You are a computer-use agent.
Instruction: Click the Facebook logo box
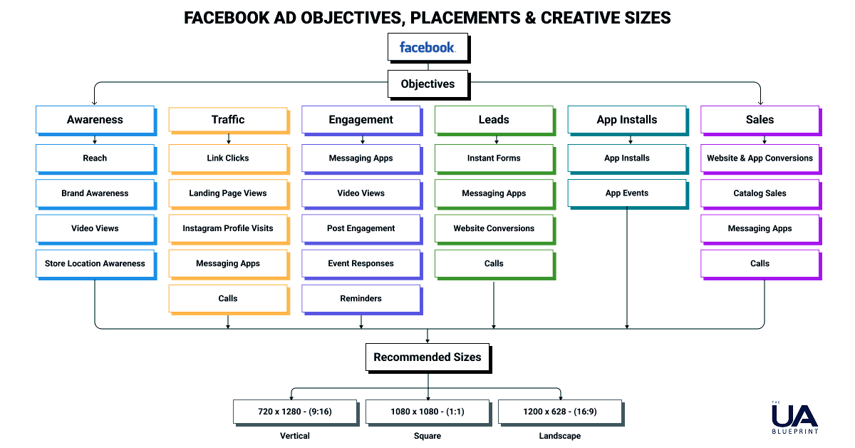427,48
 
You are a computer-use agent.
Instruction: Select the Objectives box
427,83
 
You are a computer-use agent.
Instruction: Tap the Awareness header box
95,120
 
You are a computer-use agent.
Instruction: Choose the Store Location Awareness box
95,263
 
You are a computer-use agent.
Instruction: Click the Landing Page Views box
228,193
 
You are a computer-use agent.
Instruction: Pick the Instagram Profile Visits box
228,228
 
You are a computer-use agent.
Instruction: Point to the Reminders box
361,298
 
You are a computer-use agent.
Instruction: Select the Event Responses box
361,263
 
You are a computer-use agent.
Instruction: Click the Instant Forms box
494,158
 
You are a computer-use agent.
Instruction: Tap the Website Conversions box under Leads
494,228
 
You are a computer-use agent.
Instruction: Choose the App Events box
627,193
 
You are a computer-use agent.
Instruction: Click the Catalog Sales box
760,193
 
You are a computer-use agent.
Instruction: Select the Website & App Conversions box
760,158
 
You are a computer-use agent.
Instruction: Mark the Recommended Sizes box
427,357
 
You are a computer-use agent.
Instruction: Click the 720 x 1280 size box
295,412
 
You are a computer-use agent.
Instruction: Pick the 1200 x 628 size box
559,412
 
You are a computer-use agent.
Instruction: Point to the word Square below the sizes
427,436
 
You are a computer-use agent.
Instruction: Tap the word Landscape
559,436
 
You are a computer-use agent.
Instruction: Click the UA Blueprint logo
794,418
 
